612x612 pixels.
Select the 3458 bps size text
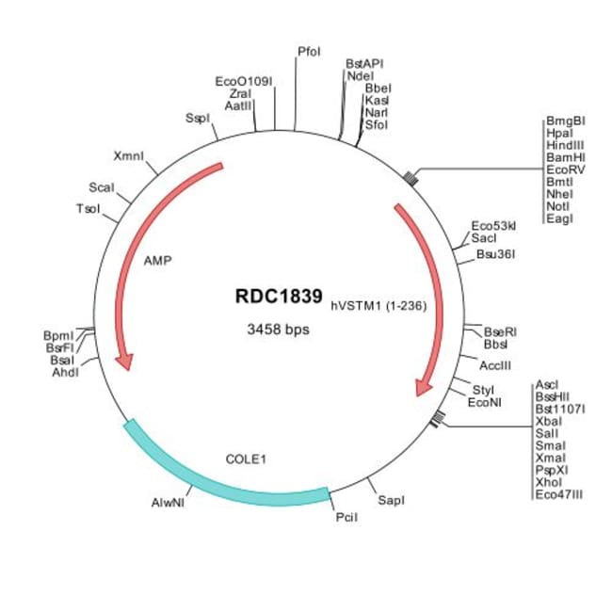click(278, 330)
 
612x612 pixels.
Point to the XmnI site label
click(128, 155)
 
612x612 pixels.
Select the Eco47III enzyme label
click(558, 492)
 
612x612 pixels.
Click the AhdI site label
click(66, 372)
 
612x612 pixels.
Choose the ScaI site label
click(102, 187)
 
